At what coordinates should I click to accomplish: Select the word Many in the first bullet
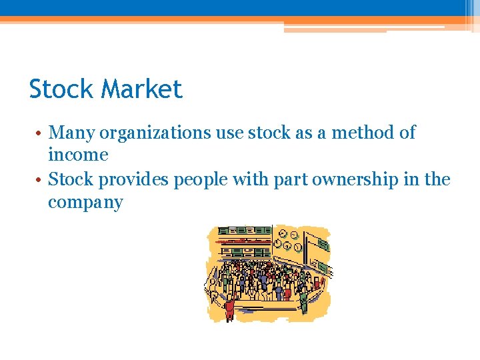[72, 133]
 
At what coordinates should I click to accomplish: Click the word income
[78, 155]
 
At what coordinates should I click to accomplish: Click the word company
[85, 203]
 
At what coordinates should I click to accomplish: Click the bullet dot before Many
[41, 133]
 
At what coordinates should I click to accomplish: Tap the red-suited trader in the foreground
[229, 309]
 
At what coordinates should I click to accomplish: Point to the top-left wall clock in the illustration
[283, 234]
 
